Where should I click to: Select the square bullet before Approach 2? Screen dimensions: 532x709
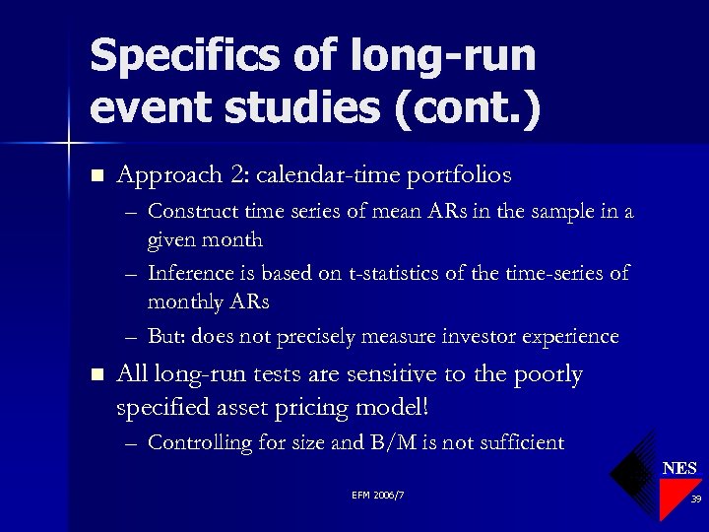pyautogui.click(x=96, y=176)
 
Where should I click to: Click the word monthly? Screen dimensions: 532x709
pyautogui.click(x=185, y=301)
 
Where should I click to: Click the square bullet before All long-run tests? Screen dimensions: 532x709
pyautogui.click(x=96, y=375)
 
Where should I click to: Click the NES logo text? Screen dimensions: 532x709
pyautogui.click(x=679, y=468)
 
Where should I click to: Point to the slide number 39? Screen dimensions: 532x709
pyautogui.click(x=695, y=499)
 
